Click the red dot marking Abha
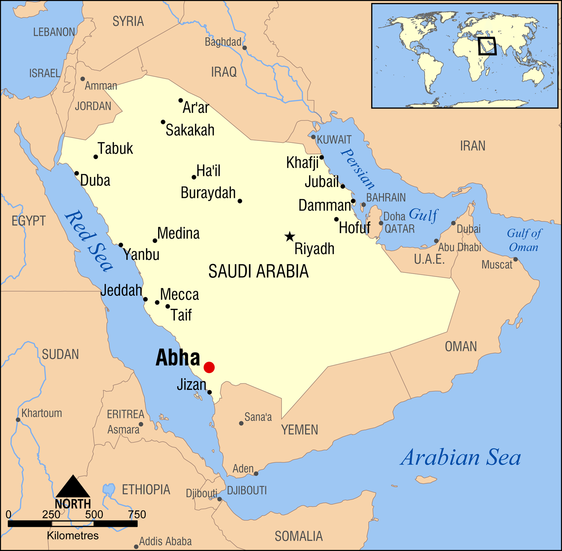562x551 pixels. coord(209,367)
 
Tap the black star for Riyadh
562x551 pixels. coord(289,237)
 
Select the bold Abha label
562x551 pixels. coord(178,358)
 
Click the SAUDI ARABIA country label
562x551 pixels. coord(258,271)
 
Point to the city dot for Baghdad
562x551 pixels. coord(245,48)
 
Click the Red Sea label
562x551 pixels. coord(89,241)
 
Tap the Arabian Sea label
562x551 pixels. coord(460,458)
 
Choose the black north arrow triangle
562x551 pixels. coord(73,487)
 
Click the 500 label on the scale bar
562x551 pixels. coord(94,514)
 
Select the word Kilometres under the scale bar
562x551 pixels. coord(73,536)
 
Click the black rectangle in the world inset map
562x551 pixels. coord(487,46)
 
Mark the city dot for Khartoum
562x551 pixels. coord(18,419)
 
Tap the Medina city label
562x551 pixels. coord(178,233)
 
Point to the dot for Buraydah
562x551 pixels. coord(240,201)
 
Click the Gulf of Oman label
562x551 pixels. coord(524,240)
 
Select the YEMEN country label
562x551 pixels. coord(299,430)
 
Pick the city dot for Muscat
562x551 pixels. coord(516,259)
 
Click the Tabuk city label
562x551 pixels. coord(115,148)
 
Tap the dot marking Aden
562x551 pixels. coord(256,473)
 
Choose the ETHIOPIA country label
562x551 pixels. coord(146,490)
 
